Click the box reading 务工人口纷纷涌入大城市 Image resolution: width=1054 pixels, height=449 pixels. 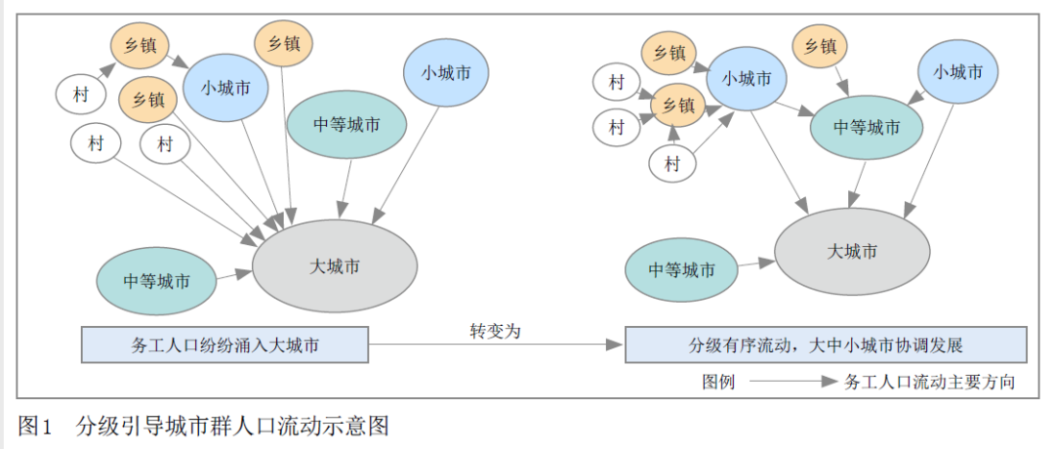click(224, 345)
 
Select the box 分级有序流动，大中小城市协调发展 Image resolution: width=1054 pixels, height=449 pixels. click(826, 345)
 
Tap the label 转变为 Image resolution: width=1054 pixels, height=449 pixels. click(496, 331)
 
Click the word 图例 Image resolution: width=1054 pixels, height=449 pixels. click(717, 382)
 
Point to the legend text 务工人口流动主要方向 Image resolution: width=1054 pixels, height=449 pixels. click(928, 382)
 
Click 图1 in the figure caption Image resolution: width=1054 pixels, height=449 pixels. click(34, 426)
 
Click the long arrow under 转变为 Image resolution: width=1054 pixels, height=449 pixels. click(496, 345)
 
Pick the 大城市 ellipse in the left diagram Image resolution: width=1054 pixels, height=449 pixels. click(335, 265)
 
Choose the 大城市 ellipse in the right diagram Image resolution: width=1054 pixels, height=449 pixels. click(852, 251)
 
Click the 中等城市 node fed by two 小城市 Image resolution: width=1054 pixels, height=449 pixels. click(867, 128)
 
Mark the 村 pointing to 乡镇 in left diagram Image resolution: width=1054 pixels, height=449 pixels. click(80, 95)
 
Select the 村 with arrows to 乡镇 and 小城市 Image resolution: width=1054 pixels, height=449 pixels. click(672, 163)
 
